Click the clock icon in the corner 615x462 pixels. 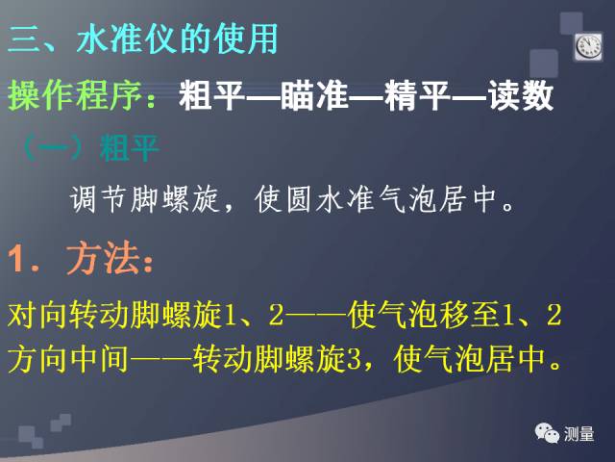(589, 47)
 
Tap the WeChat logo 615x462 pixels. (547, 433)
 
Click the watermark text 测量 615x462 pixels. (578, 434)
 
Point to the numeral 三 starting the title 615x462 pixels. (23, 38)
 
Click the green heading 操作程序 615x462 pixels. (75, 95)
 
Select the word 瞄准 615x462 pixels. (314, 95)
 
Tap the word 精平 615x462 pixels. (417, 95)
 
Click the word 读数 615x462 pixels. (521, 95)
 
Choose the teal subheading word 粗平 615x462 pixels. (129, 148)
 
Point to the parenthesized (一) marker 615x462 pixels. (53, 148)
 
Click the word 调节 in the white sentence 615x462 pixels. (98, 199)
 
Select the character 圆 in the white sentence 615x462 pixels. (299, 199)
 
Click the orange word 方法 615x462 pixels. (103, 259)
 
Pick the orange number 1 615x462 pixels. (17, 259)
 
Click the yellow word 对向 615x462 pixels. (36, 315)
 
